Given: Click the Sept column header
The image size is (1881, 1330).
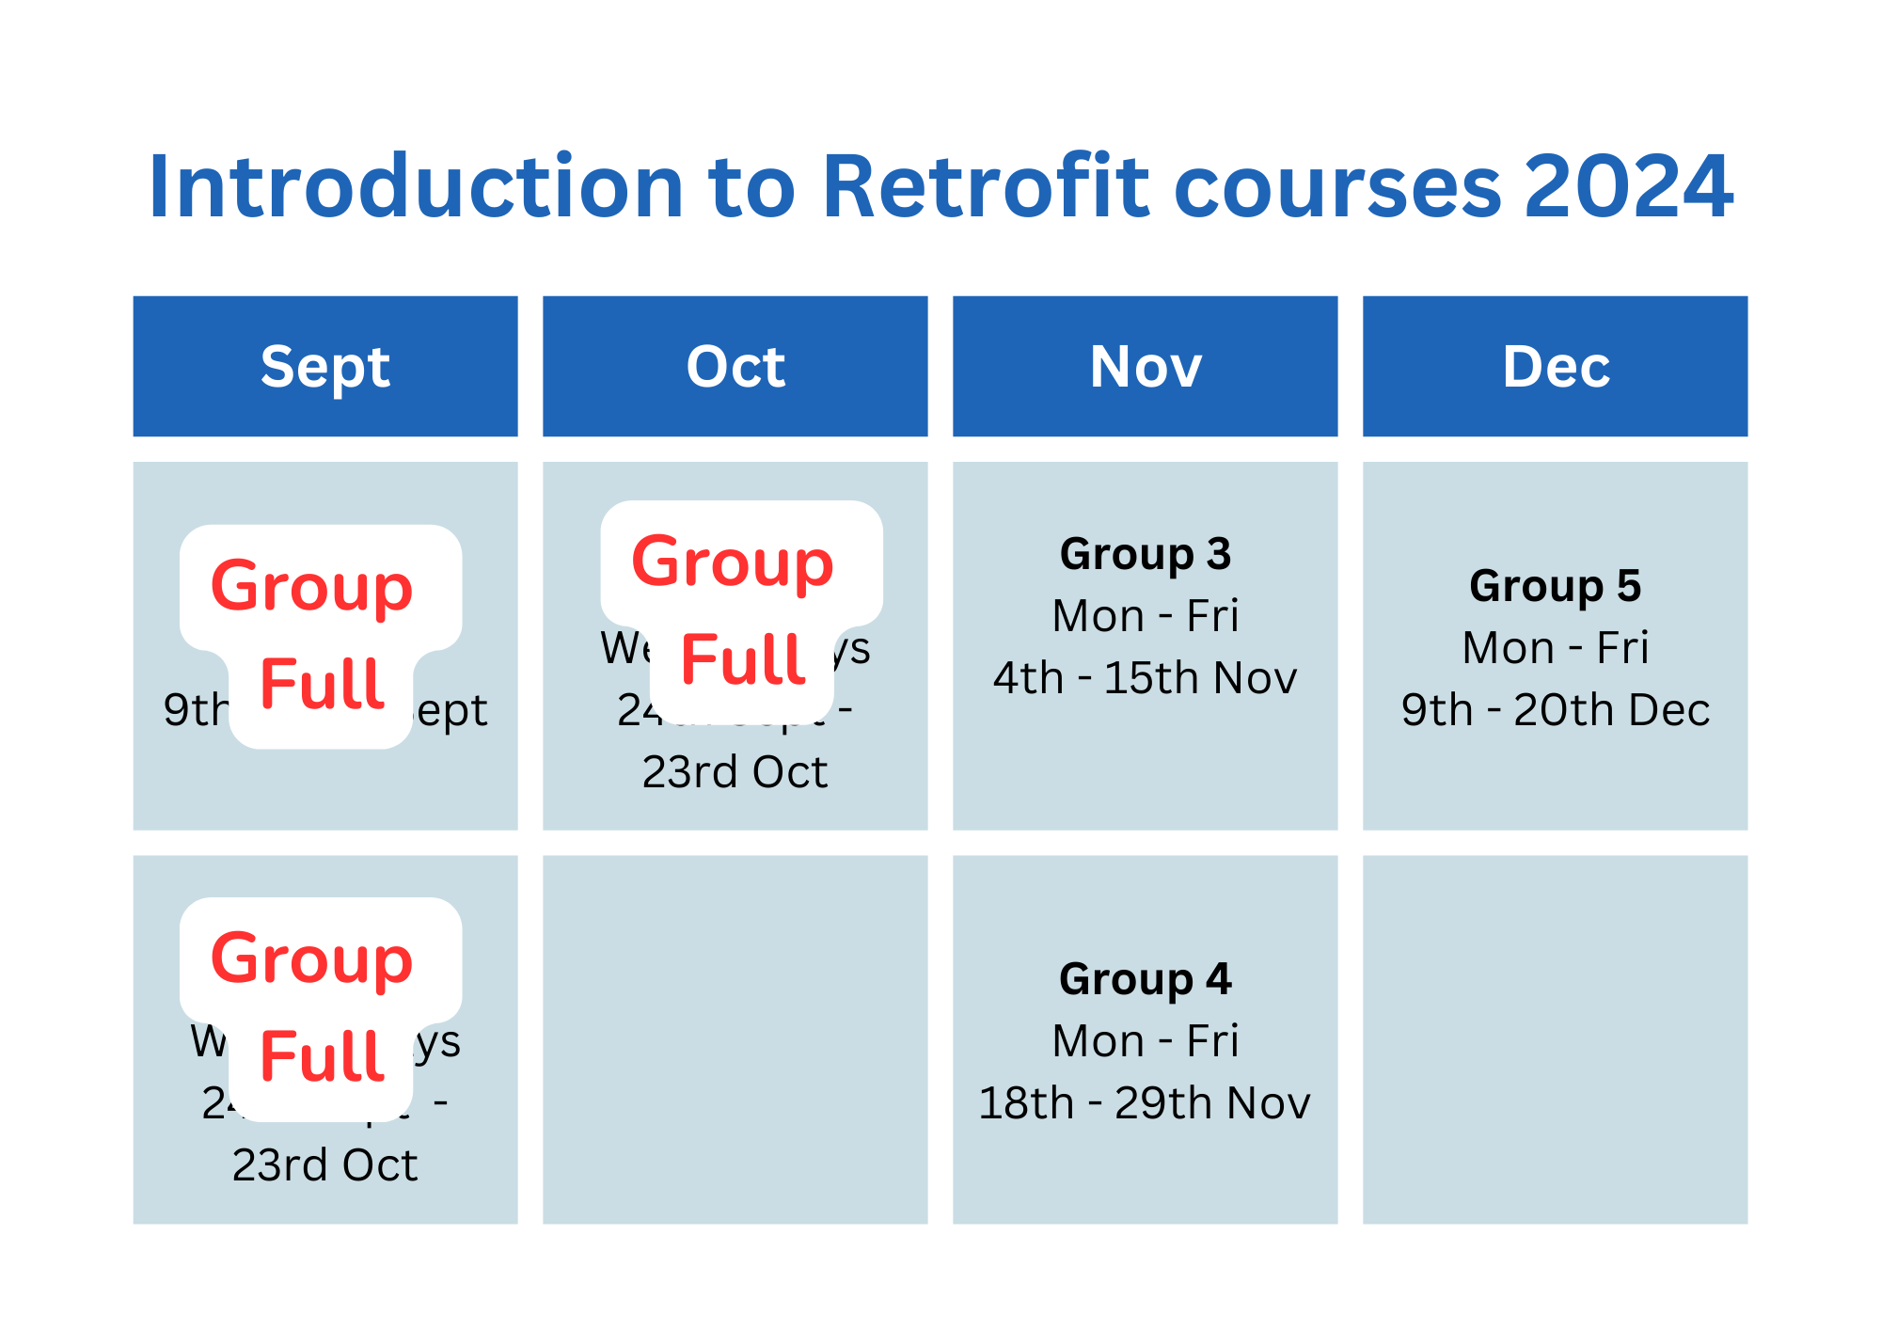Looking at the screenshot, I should (x=325, y=366).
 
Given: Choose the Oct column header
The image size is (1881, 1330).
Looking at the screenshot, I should (x=735, y=366).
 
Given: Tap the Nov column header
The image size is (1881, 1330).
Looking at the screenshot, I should (x=1146, y=366).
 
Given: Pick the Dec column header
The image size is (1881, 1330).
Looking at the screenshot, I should (x=1556, y=366).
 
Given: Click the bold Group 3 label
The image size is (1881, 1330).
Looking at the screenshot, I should (x=1146, y=554).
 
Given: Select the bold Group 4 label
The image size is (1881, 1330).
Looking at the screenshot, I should (x=1146, y=979).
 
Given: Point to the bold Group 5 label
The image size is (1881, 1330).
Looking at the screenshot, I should (x=1556, y=586).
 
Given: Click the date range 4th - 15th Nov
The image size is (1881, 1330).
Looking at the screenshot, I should (x=1146, y=678).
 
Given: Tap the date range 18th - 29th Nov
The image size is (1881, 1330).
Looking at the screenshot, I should (x=1146, y=1103).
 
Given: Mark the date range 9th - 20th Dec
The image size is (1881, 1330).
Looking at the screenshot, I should (x=1556, y=710).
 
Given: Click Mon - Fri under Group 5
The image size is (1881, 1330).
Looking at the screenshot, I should (x=1556, y=648).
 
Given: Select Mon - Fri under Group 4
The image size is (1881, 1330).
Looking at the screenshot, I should (x=1146, y=1041).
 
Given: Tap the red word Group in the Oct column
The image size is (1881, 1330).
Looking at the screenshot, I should (x=733, y=563).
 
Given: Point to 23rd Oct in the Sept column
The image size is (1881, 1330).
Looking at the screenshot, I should (x=325, y=1165).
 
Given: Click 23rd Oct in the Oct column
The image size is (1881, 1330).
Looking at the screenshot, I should (x=735, y=772).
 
